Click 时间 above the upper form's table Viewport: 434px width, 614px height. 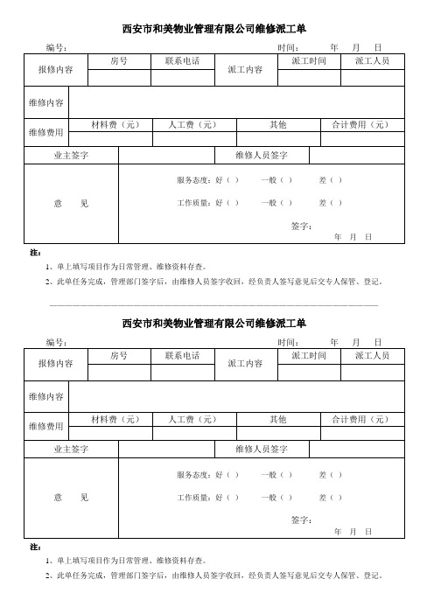coord(289,47)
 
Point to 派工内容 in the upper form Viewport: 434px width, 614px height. coord(245,68)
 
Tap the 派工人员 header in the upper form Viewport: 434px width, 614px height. coord(373,61)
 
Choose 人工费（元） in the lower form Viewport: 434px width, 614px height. coord(192,419)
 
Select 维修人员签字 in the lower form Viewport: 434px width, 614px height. coord(262,449)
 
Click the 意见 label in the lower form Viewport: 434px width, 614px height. coord(71,498)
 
